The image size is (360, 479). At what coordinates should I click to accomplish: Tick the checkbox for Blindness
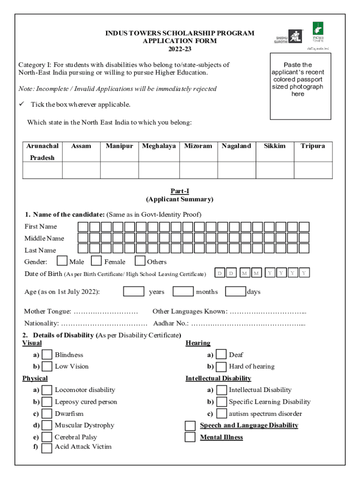[47, 355]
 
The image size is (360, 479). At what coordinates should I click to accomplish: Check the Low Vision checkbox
[47, 366]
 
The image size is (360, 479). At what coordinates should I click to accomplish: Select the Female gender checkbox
[96, 261]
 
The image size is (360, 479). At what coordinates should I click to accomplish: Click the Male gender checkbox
[62, 261]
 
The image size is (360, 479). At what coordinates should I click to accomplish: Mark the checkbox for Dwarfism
[47, 414]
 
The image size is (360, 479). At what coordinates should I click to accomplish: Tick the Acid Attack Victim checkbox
[47, 448]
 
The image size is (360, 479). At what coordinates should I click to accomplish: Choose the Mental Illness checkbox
[190, 437]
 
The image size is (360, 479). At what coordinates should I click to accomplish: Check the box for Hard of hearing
[221, 367]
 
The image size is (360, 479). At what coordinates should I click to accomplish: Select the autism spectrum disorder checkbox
[221, 414]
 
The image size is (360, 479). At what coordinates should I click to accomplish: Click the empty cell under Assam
[81, 170]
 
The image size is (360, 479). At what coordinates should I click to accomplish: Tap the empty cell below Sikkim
[274, 170]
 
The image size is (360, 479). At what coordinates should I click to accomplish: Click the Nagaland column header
[236, 146]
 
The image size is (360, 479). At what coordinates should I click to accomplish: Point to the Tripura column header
[313, 146]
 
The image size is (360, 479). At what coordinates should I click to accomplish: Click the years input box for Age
[134, 291]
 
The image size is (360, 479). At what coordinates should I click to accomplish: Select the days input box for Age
[235, 291]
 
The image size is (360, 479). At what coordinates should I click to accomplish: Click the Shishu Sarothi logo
[288, 36]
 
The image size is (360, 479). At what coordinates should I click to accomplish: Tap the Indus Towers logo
[318, 32]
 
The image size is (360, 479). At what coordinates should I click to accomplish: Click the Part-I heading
[180, 191]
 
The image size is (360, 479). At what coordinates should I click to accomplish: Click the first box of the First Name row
[83, 227]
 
